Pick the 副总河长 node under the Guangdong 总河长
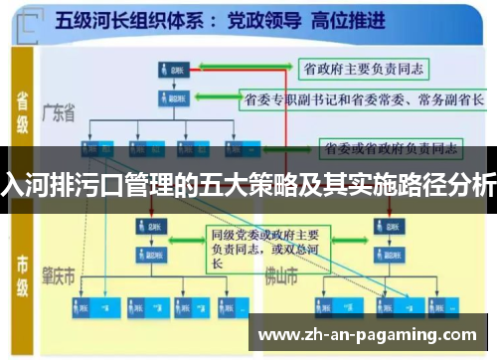171,99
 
